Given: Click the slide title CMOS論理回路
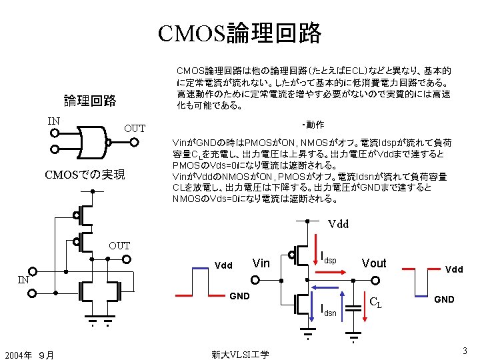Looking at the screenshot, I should pyautogui.click(x=240, y=33).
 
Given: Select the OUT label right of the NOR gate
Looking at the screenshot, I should pyautogui.click(x=135, y=128).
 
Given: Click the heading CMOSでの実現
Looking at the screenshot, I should pyautogui.click(x=85, y=175).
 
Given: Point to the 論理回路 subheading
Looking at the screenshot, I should pyautogui.click(x=90, y=101).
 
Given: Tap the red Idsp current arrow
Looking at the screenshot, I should pyautogui.click(x=331, y=272).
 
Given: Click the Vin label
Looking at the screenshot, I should pyautogui.click(x=261, y=263).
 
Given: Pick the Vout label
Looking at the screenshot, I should pyautogui.click(x=374, y=263).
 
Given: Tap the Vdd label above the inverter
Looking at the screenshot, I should pyautogui.click(x=338, y=224).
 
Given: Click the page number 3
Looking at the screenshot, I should pyautogui.click(x=464, y=351).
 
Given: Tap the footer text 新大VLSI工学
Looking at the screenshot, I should pyautogui.click(x=239, y=354).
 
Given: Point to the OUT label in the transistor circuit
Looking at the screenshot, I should pyautogui.click(x=119, y=246).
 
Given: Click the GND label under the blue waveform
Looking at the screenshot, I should pyautogui.click(x=445, y=299).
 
